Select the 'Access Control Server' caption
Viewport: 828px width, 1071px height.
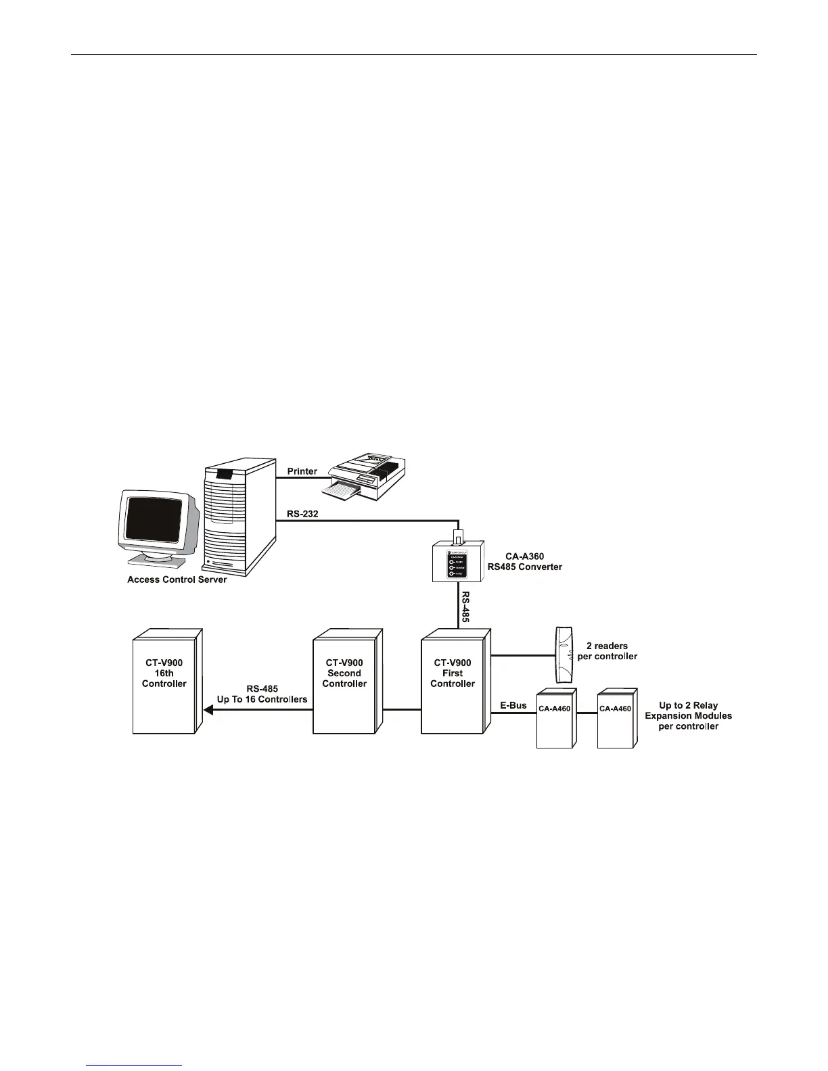(x=177, y=579)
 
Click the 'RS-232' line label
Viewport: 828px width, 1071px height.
(x=302, y=514)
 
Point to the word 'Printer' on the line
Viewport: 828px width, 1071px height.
(x=302, y=471)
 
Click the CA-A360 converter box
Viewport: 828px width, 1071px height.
(x=458, y=561)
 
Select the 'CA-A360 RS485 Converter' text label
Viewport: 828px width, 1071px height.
(x=525, y=562)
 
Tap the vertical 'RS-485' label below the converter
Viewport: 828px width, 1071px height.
(x=465, y=606)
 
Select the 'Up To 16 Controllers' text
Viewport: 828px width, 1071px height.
(x=262, y=699)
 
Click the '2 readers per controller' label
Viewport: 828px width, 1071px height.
(x=607, y=651)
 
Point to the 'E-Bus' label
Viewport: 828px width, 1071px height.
(x=513, y=705)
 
